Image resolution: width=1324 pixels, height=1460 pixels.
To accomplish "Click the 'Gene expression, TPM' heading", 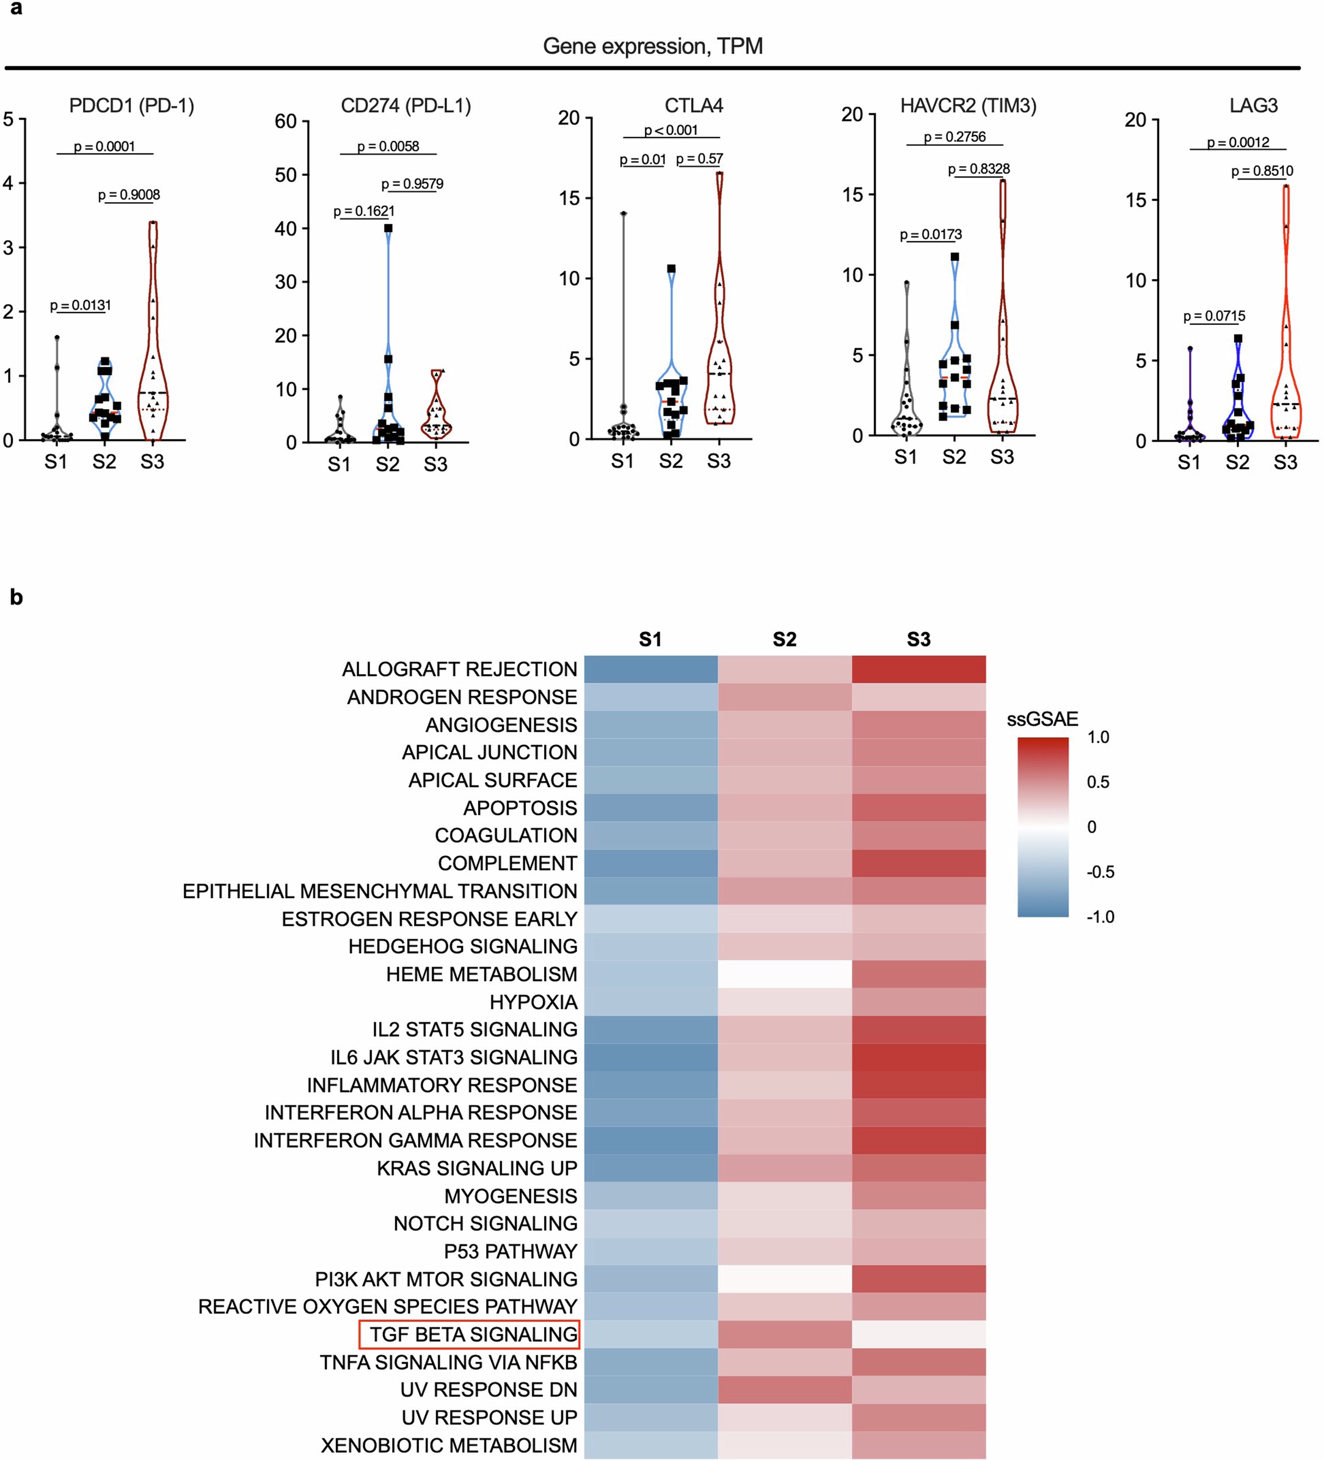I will (653, 46).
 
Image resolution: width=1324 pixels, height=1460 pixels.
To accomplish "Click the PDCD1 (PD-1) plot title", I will (131, 106).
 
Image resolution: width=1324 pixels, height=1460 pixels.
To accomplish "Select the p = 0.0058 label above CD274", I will (388, 147).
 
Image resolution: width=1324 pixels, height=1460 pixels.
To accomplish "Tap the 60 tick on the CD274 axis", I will (285, 121).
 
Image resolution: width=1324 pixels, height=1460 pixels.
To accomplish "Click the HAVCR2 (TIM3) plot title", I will (967, 106).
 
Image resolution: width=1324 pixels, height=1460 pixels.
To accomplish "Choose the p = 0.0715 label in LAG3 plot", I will (1214, 316).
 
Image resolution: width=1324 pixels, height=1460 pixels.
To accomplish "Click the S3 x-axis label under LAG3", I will (1285, 462).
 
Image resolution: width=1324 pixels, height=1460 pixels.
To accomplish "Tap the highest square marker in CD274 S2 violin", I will (388, 228).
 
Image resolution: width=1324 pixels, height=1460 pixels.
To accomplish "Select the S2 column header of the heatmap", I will (784, 639).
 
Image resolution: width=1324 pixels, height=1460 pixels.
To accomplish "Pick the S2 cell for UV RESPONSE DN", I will (784, 1389).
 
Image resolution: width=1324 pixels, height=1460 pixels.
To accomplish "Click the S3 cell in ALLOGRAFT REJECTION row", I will (918, 669).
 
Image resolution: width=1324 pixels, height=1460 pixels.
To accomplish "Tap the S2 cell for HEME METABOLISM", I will (784, 974).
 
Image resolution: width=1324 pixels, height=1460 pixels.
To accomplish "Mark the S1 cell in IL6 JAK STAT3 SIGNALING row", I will (650, 1058).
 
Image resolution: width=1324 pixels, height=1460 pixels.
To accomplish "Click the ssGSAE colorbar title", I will (1042, 719).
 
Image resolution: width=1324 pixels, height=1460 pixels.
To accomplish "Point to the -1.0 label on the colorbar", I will (1099, 917).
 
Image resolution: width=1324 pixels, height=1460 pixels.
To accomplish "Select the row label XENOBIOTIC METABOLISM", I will (449, 1445).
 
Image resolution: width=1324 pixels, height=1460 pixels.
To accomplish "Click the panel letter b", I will (16, 597).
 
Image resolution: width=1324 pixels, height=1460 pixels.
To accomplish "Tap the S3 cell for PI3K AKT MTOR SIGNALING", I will (918, 1279).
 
